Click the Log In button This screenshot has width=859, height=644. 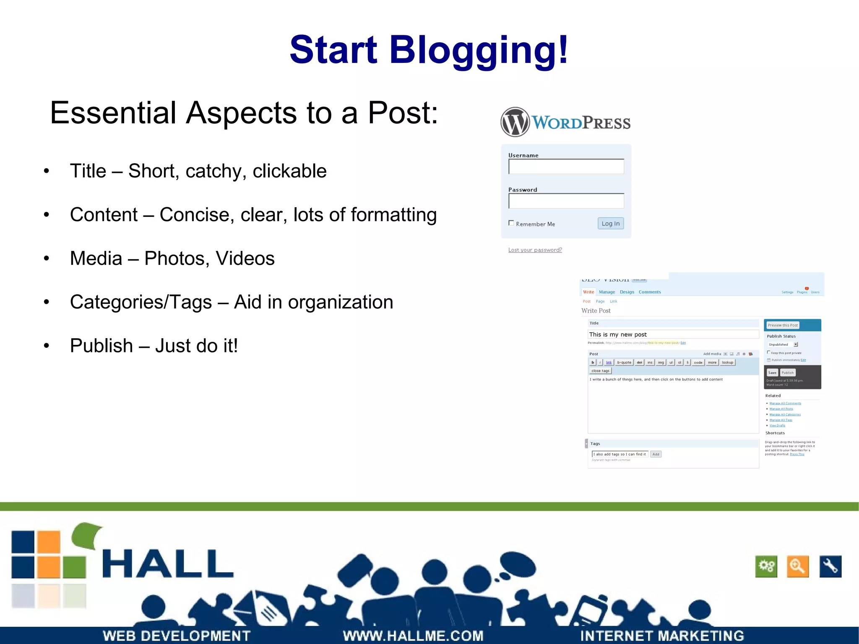[610, 224]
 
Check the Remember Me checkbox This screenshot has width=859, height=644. [511, 223]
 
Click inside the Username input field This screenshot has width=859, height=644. [566, 167]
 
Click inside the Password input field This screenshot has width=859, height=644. [566, 201]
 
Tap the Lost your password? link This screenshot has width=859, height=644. [535, 250]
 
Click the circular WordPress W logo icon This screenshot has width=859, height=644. [515, 122]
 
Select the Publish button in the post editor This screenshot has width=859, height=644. [787, 373]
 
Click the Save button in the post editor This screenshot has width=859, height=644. [772, 373]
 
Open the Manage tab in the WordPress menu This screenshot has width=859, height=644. [607, 292]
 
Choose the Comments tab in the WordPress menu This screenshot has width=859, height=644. [649, 292]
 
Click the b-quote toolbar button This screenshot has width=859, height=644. [624, 362]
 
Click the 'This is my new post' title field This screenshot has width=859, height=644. [673, 334]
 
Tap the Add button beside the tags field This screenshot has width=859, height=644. [656, 454]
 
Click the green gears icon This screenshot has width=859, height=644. [766, 566]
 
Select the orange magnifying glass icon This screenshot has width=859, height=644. [797, 566]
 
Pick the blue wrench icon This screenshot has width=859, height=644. [830, 566]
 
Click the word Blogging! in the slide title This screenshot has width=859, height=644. [479, 50]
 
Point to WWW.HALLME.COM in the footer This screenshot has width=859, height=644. [413, 636]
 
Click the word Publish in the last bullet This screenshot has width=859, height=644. [102, 346]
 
